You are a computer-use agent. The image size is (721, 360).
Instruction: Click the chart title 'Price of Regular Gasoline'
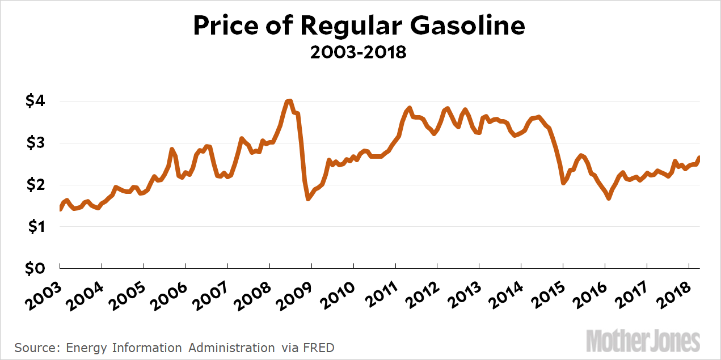point(359,27)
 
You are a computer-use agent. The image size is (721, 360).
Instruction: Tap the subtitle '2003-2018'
point(359,53)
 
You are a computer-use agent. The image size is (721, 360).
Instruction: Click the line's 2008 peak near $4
point(289,101)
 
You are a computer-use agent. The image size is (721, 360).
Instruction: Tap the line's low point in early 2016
point(609,198)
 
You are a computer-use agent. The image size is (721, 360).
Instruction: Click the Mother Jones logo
point(643,341)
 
